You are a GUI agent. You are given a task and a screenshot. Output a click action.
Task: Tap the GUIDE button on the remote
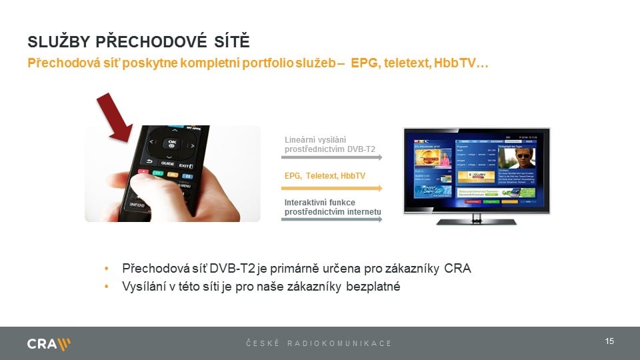pos(167,163)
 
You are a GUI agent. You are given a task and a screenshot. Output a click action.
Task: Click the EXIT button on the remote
pos(186,164)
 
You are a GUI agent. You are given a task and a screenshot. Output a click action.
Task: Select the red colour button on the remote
pos(142,171)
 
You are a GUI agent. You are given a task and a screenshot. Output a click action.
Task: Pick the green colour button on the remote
pos(157,174)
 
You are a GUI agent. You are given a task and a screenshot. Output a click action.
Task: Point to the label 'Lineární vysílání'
pos(315,140)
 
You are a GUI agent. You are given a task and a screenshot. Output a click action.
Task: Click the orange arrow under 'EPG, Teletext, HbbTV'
pos(331,189)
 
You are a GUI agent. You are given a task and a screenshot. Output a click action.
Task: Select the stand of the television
pos(476,220)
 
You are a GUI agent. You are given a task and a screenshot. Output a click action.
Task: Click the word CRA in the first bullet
pos(457,269)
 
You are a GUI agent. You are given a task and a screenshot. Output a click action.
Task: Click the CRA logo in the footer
pos(49,344)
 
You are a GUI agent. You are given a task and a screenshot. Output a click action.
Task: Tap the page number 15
pos(609,341)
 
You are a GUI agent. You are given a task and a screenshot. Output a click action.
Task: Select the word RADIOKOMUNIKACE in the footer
pos(339,343)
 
